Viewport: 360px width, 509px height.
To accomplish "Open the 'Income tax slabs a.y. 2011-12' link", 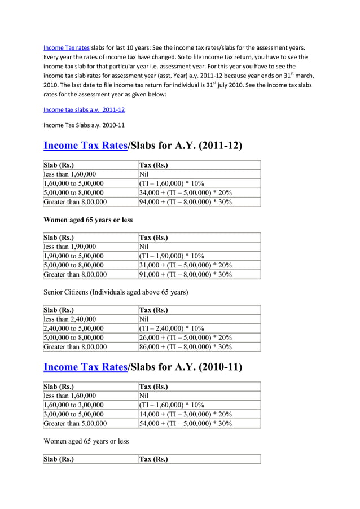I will pyautogui.click(x=84, y=109).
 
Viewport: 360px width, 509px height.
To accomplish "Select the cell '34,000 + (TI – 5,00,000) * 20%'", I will pyautogui.click(x=185, y=192).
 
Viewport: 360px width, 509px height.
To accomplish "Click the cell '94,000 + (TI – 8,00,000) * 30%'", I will pyautogui.click(x=185, y=201).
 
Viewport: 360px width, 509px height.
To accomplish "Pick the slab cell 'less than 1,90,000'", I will pyautogui.click(x=70, y=247).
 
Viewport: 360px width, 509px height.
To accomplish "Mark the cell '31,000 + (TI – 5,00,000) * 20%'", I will pyautogui.click(x=185, y=265).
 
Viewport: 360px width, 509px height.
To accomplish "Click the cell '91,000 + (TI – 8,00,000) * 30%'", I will pyautogui.click(x=185, y=274).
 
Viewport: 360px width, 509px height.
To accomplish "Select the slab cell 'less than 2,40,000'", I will pyautogui.click(x=70, y=319).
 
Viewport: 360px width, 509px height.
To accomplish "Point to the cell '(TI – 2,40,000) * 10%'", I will pyautogui.click(x=172, y=328).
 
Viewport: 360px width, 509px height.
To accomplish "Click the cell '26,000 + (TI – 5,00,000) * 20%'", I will pyautogui.click(x=185, y=337).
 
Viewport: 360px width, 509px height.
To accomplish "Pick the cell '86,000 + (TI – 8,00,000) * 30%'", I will pyautogui.click(x=185, y=346).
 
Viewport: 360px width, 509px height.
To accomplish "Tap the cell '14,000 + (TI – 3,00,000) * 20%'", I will pyautogui.click(x=185, y=414).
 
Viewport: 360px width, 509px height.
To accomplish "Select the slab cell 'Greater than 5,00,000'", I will pyautogui.click(x=75, y=423).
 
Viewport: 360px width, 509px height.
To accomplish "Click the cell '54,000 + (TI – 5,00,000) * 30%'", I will pyautogui.click(x=185, y=423).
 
